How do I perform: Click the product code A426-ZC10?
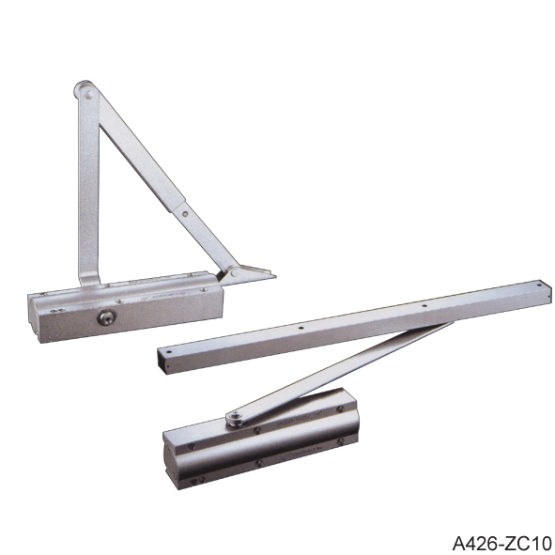(x=501, y=543)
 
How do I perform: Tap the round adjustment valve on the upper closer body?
(x=106, y=317)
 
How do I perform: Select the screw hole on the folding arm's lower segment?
(x=185, y=214)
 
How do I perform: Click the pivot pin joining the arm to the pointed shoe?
(x=235, y=272)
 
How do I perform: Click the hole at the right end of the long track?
(x=539, y=285)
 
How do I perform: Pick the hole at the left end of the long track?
(x=169, y=352)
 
